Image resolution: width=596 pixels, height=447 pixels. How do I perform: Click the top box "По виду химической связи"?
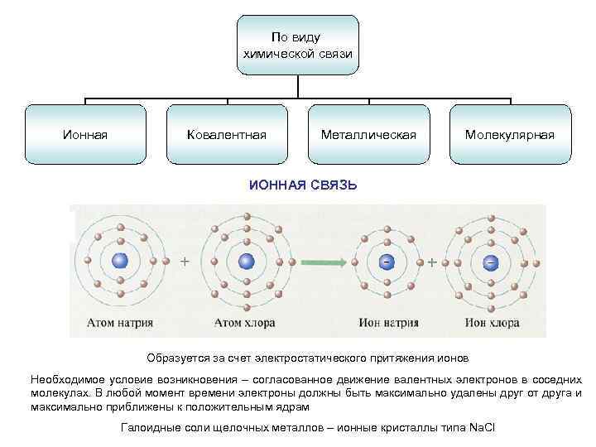(x=298, y=46)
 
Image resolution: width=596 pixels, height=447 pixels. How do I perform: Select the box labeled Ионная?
(x=85, y=134)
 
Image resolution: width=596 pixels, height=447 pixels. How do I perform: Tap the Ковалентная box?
(x=227, y=134)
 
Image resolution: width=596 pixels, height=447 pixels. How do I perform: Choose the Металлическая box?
(x=368, y=134)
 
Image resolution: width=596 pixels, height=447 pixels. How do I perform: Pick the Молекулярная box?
(x=510, y=134)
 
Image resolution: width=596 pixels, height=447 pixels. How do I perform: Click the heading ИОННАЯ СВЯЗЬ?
(x=304, y=185)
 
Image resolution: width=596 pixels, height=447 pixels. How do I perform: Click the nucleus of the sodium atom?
(x=121, y=261)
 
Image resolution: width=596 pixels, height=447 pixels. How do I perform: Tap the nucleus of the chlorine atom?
(x=246, y=262)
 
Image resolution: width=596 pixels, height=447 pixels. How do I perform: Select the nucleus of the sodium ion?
(x=386, y=262)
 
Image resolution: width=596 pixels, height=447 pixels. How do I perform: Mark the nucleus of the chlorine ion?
(x=490, y=262)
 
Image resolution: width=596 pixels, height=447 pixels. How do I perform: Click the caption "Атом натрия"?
(x=122, y=322)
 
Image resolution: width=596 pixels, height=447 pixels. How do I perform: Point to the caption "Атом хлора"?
(x=245, y=322)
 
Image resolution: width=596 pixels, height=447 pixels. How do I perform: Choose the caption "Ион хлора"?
(x=492, y=322)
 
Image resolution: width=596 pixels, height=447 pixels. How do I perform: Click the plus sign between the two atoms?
(x=184, y=261)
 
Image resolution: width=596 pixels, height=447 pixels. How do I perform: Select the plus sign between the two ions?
(x=432, y=262)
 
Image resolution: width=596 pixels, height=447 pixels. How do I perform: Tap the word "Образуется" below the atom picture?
(x=175, y=358)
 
